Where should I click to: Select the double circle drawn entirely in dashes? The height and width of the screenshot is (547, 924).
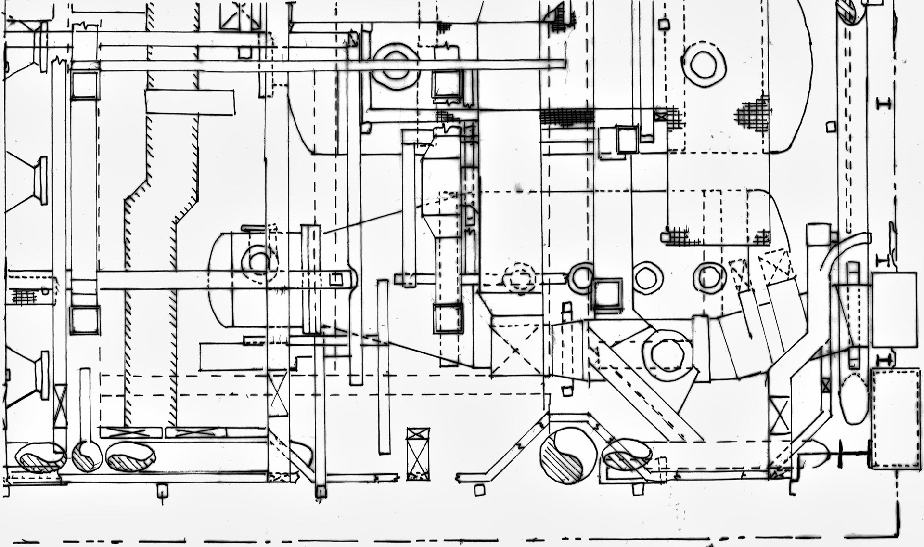pyautogui.click(x=519, y=278)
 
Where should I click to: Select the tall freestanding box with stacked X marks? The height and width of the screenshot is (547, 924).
pyautogui.click(x=418, y=454)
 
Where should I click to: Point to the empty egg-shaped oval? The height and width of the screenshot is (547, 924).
pyautogui.click(x=853, y=399)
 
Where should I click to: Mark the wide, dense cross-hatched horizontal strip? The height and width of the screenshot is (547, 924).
pyautogui.click(x=566, y=117)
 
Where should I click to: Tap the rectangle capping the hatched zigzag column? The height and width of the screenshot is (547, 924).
pyautogui.click(x=190, y=102)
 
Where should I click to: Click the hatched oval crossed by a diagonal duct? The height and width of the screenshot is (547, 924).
pyautogui.click(x=627, y=454)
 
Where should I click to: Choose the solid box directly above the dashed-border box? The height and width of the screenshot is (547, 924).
pyautogui.click(x=894, y=309)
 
